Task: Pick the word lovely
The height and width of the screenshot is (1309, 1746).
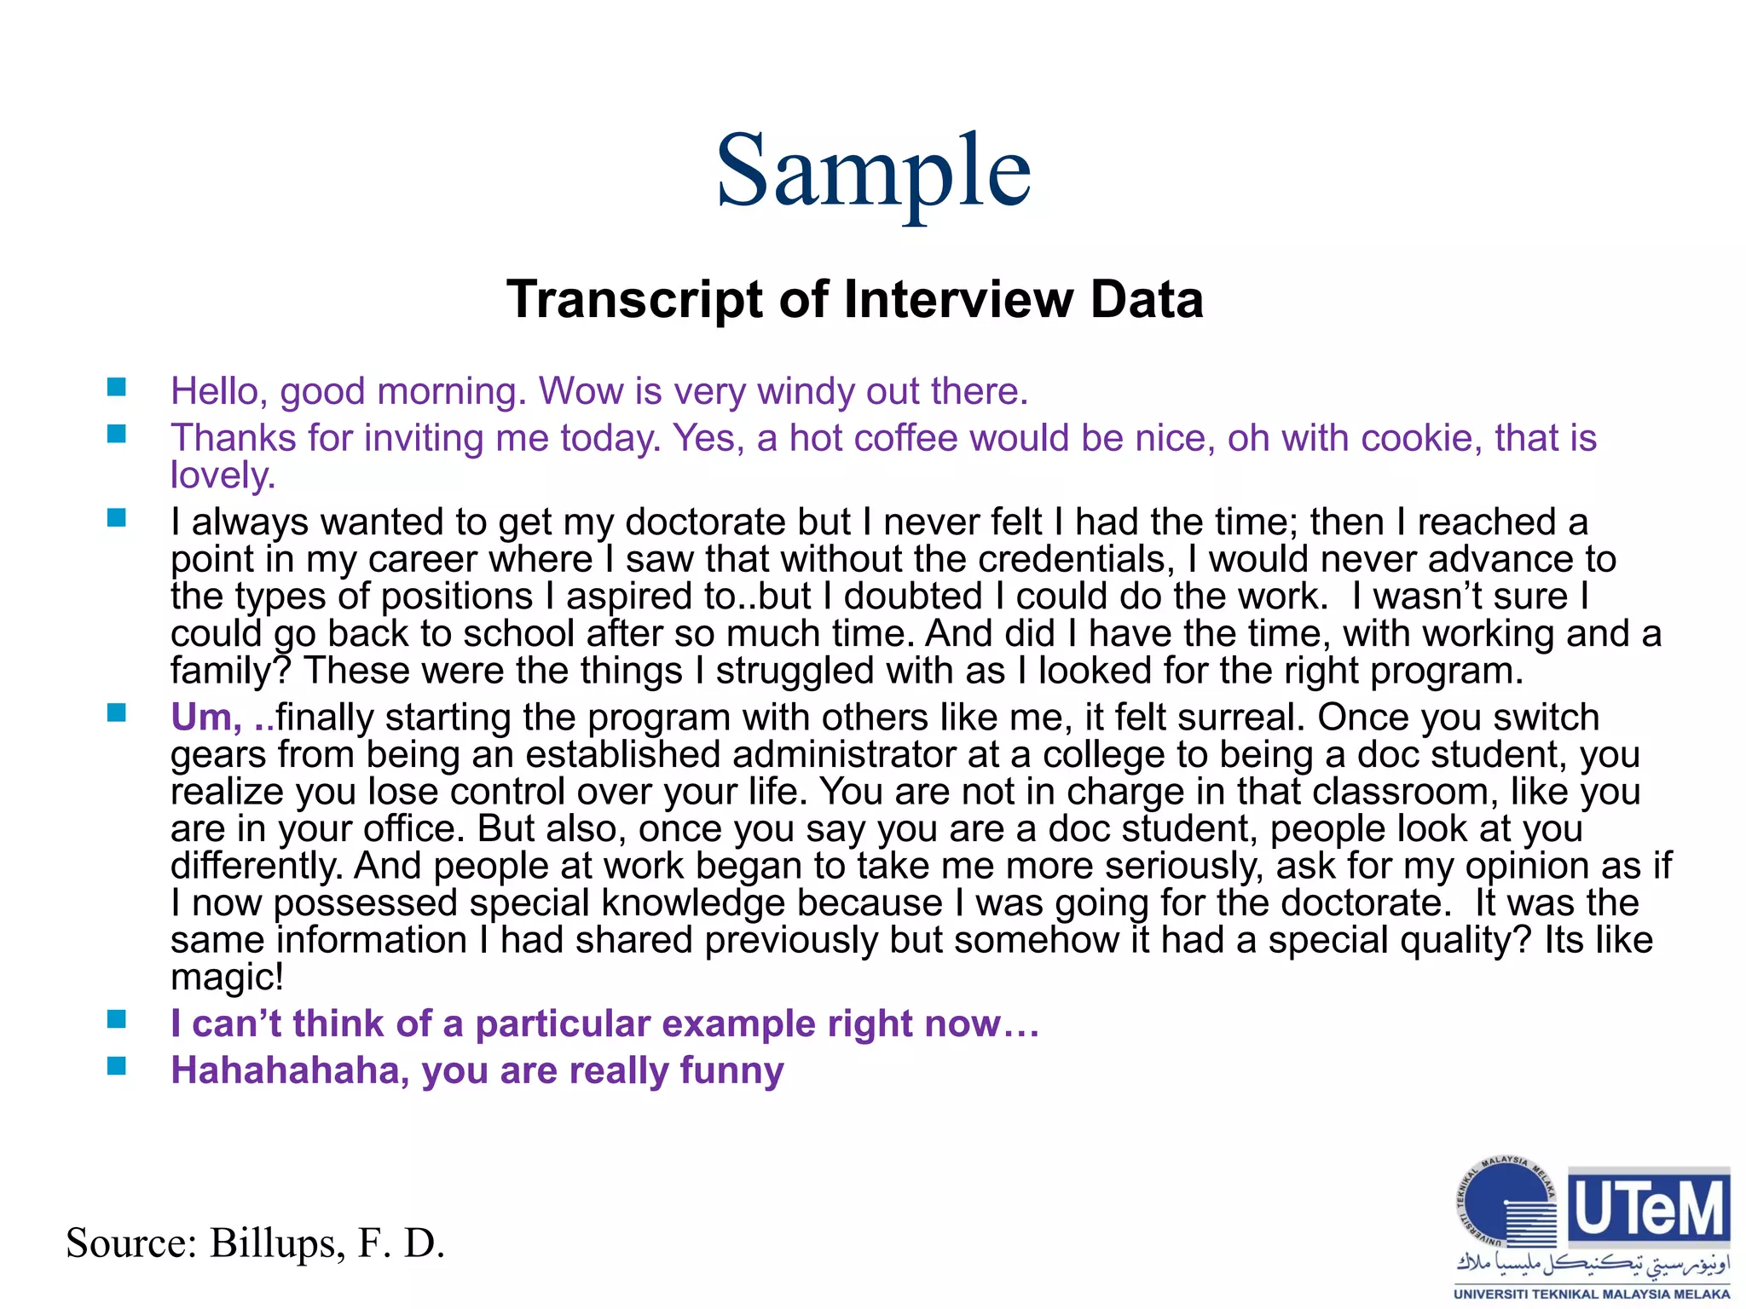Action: click(223, 476)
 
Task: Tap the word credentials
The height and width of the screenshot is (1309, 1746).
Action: click(1071, 559)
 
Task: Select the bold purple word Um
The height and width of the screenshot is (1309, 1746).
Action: click(205, 718)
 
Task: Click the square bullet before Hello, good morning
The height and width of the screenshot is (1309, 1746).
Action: click(117, 389)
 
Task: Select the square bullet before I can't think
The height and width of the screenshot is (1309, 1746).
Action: click(117, 1019)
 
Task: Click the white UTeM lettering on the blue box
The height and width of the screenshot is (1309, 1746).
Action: click(1650, 1208)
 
